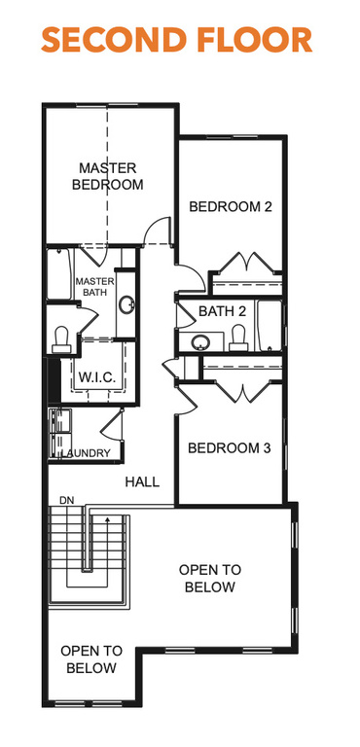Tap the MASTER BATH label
point(94,288)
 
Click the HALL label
point(142,481)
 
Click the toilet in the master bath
point(62,337)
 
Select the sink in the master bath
point(126,303)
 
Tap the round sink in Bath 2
point(200,342)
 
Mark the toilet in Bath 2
point(237,338)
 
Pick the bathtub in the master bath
point(60,274)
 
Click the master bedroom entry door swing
point(156,231)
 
